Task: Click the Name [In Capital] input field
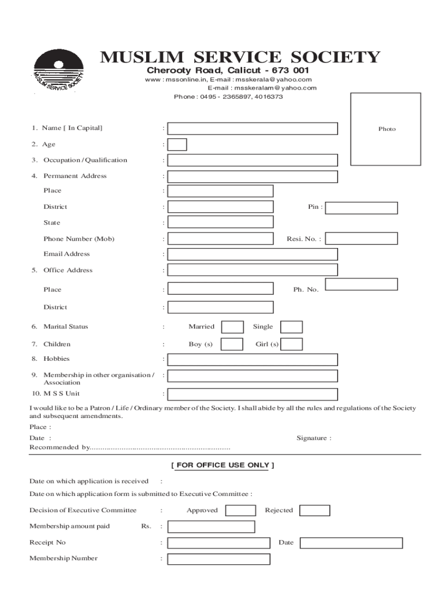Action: point(253,128)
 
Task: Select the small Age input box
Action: point(177,145)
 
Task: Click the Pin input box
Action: point(362,208)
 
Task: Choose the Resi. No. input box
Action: point(362,238)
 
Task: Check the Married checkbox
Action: point(232,327)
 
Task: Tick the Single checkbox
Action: point(291,327)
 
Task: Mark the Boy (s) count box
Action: point(232,345)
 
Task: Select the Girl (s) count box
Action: point(291,345)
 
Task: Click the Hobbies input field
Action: point(253,360)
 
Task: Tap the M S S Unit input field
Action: point(253,394)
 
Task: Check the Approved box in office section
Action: point(240,510)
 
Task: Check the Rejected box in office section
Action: point(315,510)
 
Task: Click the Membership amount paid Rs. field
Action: point(211,527)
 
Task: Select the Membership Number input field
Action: point(218,559)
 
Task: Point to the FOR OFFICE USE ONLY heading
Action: point(222,465)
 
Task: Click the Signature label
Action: point(314,438)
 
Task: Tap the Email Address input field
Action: point(253,254)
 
